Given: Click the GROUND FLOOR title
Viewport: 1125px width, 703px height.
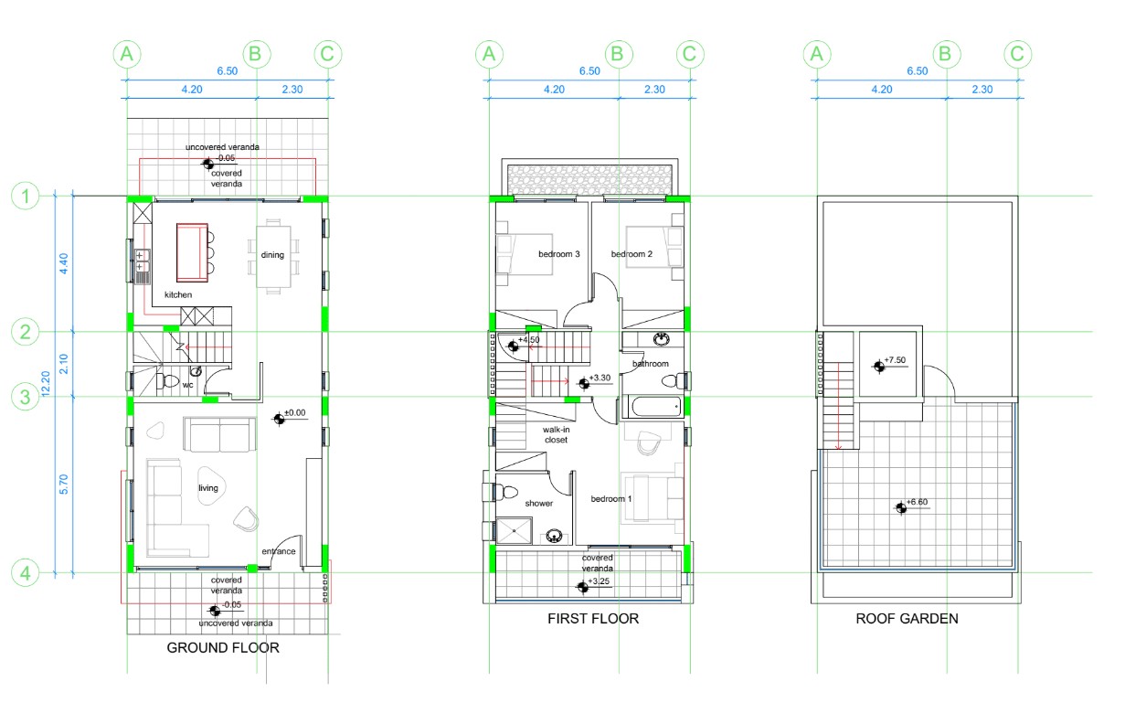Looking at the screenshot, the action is (223, 648).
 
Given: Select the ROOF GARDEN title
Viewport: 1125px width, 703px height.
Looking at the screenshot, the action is (907, 619).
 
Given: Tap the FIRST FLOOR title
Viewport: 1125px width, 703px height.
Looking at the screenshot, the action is (593, 619).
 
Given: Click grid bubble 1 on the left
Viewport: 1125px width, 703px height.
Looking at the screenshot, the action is (25, 196).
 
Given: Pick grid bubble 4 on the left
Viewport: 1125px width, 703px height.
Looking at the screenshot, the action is (25, 573).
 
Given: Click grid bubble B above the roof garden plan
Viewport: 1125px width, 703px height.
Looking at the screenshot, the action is (947, 54).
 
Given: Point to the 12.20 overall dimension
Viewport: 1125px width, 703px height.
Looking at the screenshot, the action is (46, 384).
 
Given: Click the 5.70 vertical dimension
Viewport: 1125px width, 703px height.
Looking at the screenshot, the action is (64, 485).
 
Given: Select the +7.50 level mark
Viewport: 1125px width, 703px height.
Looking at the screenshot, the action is (895, 360).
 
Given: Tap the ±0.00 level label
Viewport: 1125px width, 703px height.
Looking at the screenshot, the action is (295, 412).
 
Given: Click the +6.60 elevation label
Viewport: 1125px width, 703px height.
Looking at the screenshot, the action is (917, 502).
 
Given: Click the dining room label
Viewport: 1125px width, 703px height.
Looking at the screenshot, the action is (272, 255).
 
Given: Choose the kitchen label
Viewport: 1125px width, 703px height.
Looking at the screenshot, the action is (178, 294).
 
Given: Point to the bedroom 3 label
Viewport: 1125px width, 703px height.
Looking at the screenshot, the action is (559, 254).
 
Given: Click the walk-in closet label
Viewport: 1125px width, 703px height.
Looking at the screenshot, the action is (556, 434).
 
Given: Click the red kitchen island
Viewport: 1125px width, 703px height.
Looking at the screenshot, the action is (192, 252).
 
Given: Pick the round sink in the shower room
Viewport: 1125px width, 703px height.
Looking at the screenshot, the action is (554, 536).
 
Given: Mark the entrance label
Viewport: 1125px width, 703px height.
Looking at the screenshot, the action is (279, 551).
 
